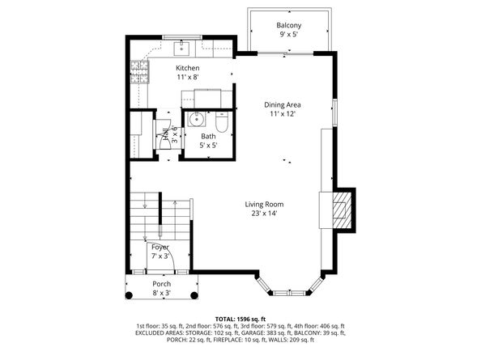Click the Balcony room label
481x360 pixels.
(288, 25)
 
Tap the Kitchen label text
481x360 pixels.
(188, 68)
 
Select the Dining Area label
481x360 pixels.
(283, 104)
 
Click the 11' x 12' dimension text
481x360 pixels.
(283, 114)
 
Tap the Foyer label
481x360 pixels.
(160, 247)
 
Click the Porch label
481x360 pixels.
(161, 284)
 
